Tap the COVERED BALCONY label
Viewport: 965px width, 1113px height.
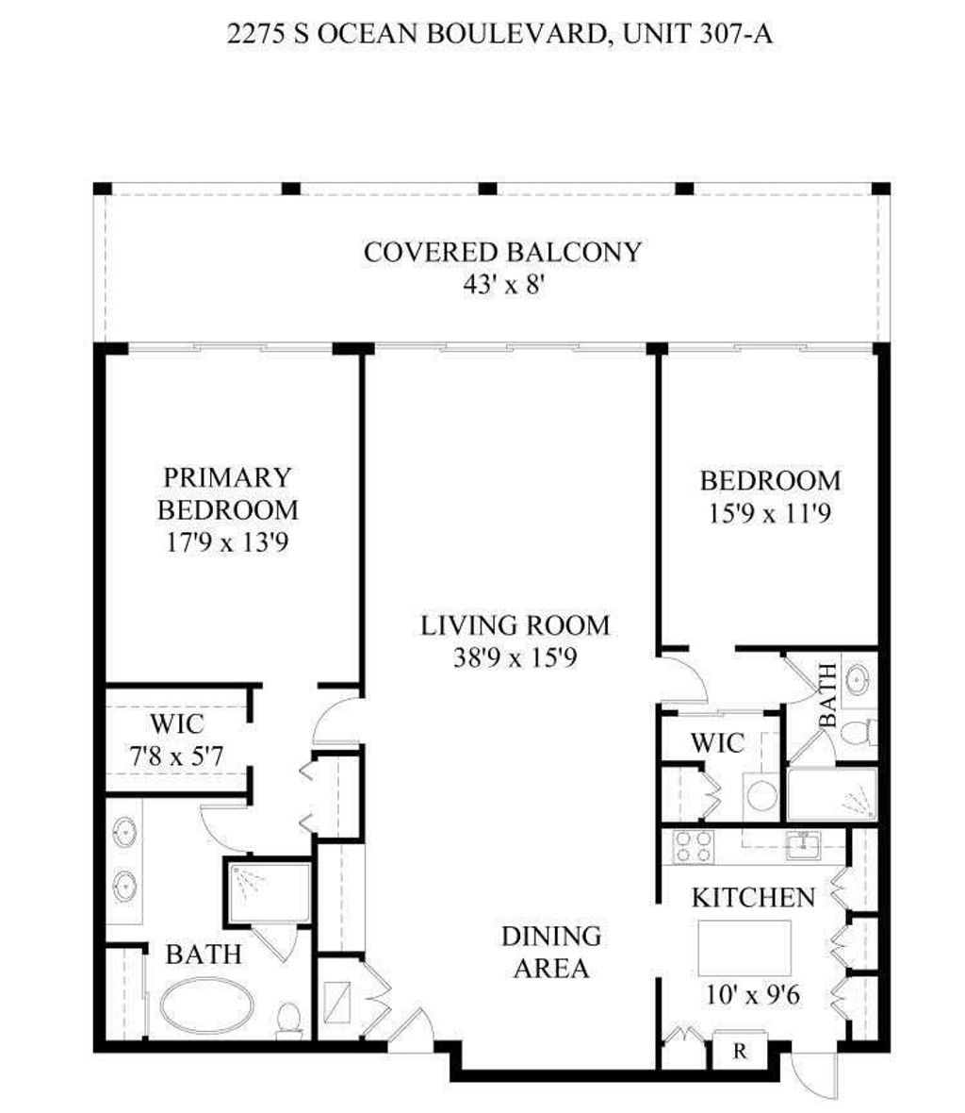[x=502, y=253]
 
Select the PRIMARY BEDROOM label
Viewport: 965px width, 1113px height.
[x=227, y=493]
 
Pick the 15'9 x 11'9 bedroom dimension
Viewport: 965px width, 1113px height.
[x=769, y=514]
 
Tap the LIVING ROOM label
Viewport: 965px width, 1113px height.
[x=515, y=625]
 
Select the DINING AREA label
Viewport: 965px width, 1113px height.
[x=551, y=952]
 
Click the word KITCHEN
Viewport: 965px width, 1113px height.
[x=753, y=897]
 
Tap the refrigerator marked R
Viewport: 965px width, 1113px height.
[x=740, y=1051]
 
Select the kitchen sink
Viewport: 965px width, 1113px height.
[x=803, y=846]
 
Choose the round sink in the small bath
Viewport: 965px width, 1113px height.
[x=859, y=678]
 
